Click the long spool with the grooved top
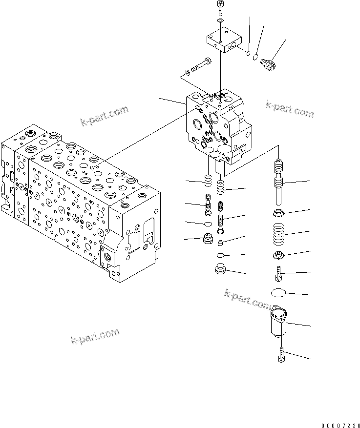(x=279, y=183)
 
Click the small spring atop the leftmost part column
(x=208, y=182)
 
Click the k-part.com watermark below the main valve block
(x=95, y=336)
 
